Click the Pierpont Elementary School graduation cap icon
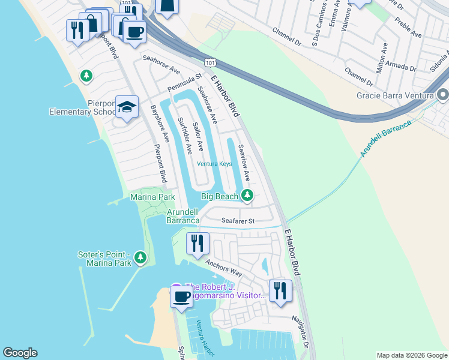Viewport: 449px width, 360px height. pyautogui.click(x=127, y=107)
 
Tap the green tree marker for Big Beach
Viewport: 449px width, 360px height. pyautogui.click(x=247, y=195)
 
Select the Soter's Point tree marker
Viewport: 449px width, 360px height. pyautogui.click(x=140, y=257)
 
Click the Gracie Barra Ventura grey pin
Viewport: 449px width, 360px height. pyautogui.click(x=443, y=95)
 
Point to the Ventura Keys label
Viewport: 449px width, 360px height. pyautogui.click(x=214, y=163)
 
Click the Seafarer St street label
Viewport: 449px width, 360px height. pyautogui.click(x=238, y=221)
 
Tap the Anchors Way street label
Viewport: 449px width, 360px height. pyautogui.click(x=224, y=268)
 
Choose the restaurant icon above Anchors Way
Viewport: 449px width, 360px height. pyautogui.click(x=197, y=243)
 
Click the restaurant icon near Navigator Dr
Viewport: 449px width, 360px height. pyautogui.click(x=280, y=290)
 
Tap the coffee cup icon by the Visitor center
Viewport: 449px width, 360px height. pyautogui.click(x=181, y=296)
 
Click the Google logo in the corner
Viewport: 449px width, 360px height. pyautogui.click(x=20, y=353)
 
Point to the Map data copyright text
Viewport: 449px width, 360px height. pyautogui.click(x=412, y=355)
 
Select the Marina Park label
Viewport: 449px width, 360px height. pyautogui.click(x=152, y=197)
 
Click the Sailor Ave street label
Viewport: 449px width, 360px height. pyautogui.click(x=197, y=137)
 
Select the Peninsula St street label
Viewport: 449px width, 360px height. pyautogui.click(x=185, y=80)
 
